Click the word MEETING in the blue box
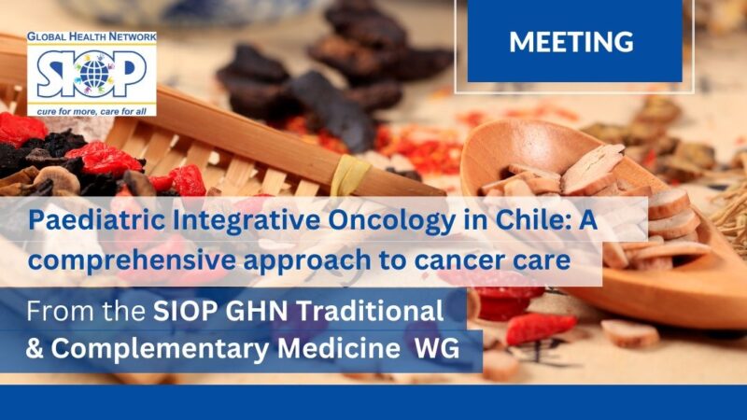click(x=571, y=42)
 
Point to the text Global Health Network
click(x=91, y=38)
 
